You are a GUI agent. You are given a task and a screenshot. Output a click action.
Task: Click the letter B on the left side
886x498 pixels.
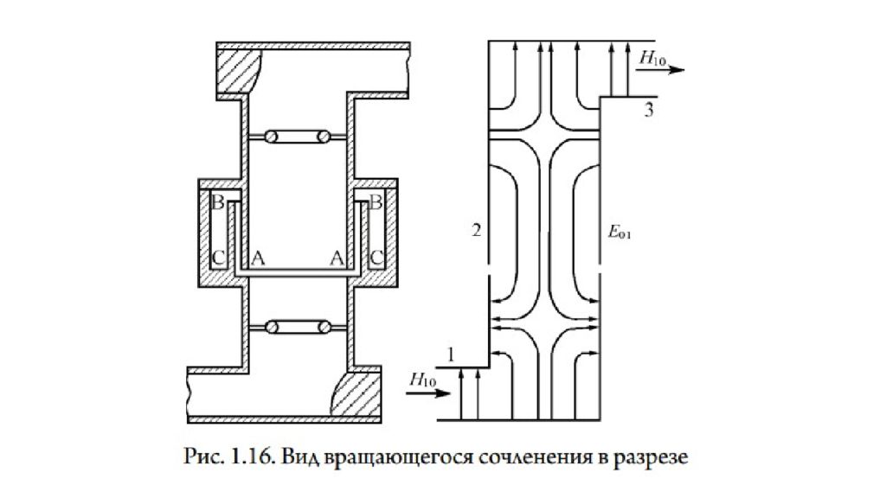pyautogui.click(x=217, y=201)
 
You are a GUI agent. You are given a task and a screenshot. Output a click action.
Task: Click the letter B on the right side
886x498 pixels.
pyautogui.click(x=376, y=201)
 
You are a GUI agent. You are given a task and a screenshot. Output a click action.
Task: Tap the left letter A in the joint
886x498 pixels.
pyautogui.click(x=258, y=259)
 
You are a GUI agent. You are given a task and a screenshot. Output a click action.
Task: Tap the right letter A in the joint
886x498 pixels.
pyautogui.click(x=337, y=259)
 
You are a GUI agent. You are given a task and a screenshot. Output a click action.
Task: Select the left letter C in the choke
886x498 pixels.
pyautogui.click(x=218, y=259)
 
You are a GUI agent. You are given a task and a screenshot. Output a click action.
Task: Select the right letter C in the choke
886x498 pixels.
pyautogui.click(x=376, y=259)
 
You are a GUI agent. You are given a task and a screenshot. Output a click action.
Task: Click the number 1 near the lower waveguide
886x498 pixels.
pyautogui.click(x=450, y=354)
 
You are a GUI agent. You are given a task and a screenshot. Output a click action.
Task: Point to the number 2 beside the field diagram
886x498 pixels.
pyautogui.click(x=477, y=230)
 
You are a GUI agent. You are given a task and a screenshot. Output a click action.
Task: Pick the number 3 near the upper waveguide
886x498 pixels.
pyautogui.click(x=649, y=110)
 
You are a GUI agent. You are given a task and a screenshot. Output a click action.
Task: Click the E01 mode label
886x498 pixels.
pyautogui.click(x=620, y=232)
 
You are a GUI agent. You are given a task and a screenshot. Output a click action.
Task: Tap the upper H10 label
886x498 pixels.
pyautogui.click(x=652, y=58)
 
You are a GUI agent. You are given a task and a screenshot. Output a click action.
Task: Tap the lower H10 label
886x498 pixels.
pyautogui.click(x=422, y=380)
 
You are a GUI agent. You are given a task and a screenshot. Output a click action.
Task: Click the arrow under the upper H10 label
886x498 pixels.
pyautogui.click(x=660, y=70)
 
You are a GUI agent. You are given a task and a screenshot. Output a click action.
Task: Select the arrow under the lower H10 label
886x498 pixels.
pyautogui.click(x=428, y=393)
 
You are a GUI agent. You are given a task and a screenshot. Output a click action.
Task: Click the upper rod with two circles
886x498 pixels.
pyautogui.click(x=298, y=137)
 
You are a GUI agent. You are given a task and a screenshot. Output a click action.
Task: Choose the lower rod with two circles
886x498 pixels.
pyautogui.click(x=298, y=327)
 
